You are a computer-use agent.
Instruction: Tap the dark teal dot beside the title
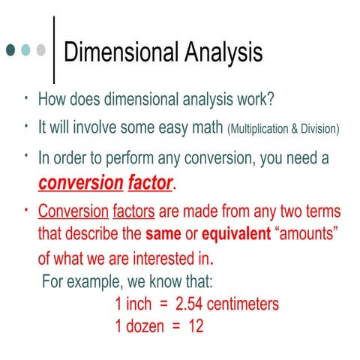coord(10,50)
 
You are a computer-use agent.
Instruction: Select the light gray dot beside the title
coord(41,50)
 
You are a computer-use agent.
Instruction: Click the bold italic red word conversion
coord(80,183)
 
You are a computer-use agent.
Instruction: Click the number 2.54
coord(191,305)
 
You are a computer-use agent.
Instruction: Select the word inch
coord(138,305)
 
